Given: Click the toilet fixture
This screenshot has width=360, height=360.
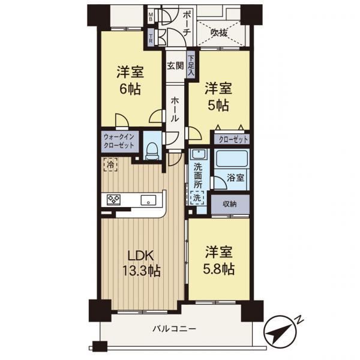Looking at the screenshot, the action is [152, 151].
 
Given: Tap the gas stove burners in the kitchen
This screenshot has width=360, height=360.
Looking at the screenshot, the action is [113, 200].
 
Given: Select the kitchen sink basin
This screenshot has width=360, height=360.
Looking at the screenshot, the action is [148, 200].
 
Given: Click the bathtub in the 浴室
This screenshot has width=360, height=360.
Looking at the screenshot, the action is [232, 158].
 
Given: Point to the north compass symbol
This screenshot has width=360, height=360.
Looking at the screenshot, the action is [282, 332].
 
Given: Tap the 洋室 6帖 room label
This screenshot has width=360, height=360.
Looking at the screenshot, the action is [130, 80].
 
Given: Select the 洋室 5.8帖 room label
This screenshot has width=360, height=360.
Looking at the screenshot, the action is [219, 260].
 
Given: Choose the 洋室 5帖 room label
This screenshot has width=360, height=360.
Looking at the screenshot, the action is [218, 97].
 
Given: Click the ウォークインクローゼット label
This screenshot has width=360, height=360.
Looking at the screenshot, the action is [119, 142].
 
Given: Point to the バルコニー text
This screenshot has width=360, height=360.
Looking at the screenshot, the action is [175, 329].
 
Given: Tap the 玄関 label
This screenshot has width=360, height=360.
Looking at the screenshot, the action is [175, 66].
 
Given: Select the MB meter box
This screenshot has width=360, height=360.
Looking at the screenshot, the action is [151, 17].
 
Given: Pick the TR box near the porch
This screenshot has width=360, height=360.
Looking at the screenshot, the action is [151, 38].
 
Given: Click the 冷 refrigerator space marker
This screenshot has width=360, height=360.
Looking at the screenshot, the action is [110, 164].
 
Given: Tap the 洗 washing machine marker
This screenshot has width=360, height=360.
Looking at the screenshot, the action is [197, 197].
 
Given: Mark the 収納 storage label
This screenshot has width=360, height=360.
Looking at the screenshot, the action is [230, 204].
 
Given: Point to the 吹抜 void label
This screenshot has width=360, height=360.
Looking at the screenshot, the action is [219, 33].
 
